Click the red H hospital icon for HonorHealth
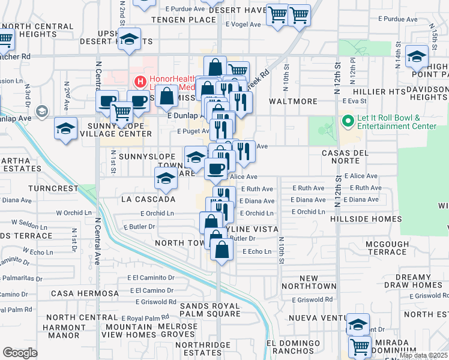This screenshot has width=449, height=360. pyautogui.click(x=140, y=81)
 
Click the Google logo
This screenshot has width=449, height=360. pyautogui.click(x=20, y=353)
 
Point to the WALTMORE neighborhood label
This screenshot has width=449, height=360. pyautogui.click(x=292, y=101)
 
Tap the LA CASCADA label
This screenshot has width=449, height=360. pyautogui.click(x=148, y=199)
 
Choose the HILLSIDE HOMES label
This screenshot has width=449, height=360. pyautogui.click(x=359, y=220)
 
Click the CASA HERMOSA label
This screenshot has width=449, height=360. pyautogui.click(x=85, y=293)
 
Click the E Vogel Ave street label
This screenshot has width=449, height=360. pyautogui.click(x=243, y=25)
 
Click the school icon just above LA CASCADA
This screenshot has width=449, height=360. pyautogui.click(x=166, y=178)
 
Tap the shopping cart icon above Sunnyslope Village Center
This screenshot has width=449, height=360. pyautogui.click(x=122, y=111)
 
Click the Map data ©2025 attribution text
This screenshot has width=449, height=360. pyautogui.click(x=424, y=355)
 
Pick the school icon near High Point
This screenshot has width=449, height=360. pyautogui.click(x=416, y=56)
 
